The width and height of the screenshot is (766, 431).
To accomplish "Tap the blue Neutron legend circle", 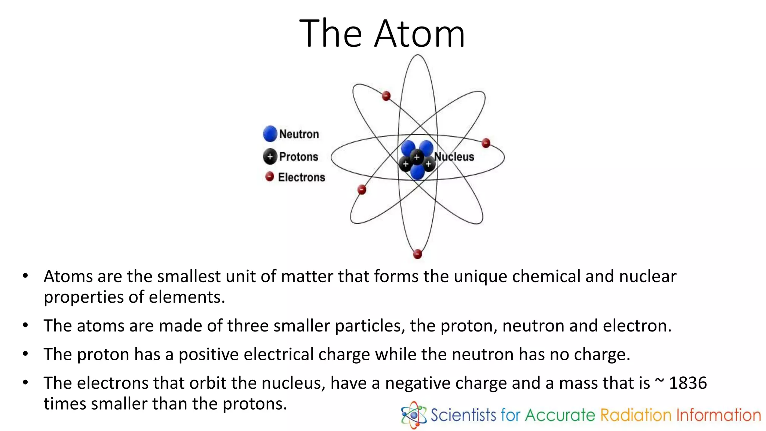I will [x=270, y=134].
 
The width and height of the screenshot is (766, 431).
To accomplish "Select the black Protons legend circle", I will [x=270, y=156].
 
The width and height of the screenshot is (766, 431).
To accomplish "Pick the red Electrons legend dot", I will [x=270, y=176].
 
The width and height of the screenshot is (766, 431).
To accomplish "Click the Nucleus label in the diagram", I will [x=454, y=157].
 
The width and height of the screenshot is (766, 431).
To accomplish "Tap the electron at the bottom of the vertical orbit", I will [x=417, y=254].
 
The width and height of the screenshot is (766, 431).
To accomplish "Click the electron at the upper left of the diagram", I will [x=386, y=96].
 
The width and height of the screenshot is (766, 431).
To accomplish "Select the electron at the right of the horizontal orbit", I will [x=486, y=143].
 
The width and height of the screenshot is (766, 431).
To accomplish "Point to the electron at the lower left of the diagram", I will [x=362, y=190].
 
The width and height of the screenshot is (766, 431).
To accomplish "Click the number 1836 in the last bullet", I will [x=688, y=383].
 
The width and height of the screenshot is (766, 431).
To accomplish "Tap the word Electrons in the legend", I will [x=301, y=177].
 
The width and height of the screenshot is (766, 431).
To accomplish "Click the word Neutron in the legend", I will [x=299, y=134].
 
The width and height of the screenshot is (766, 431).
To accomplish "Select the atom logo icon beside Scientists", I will [x=413, y=415].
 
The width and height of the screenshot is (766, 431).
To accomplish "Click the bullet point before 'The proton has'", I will [x=25, y=354].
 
